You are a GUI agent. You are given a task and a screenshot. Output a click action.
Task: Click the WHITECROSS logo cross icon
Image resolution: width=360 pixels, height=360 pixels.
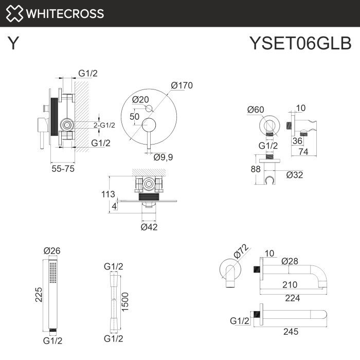(14, 14)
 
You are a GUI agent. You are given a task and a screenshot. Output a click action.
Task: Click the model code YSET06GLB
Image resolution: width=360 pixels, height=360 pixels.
(299, 44)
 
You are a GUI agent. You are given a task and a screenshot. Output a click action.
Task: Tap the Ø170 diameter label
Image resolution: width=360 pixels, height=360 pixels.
(182, 85)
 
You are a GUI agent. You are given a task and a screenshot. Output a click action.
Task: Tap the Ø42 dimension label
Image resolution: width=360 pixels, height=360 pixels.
(150, 226)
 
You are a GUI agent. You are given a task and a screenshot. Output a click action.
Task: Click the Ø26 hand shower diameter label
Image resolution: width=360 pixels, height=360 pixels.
(52, 250)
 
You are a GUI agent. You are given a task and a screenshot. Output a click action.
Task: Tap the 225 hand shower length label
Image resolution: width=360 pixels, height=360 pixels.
(39, 294)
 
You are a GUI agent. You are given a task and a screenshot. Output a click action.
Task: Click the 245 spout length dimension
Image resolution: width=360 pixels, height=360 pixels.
(291, 332)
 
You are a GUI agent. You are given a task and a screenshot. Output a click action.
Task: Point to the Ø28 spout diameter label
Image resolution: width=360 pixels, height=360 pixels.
(291, 261)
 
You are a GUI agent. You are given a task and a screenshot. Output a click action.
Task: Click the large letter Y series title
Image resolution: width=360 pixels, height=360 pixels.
(14, 44)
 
